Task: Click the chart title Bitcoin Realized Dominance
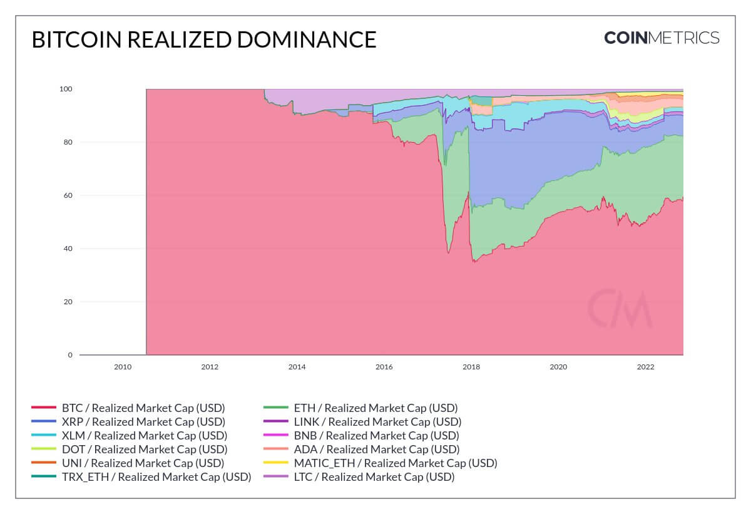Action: [204, 39]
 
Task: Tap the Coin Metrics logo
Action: [662, 38]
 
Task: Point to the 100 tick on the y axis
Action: [66, 89]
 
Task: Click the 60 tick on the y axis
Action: [68, 195]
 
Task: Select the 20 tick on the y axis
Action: [68, 302]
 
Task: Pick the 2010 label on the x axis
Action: [123, 367]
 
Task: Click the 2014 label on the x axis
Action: [297, 367]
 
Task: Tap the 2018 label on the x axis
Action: [471, 367]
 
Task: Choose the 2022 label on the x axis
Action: [645, 367]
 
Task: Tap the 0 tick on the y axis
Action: [70, 355]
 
